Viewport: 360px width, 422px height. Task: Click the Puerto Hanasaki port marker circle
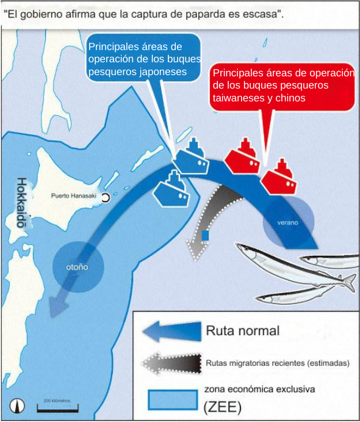click(x=106, y=198)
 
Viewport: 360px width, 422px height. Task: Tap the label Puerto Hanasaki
click(x=74, y=195)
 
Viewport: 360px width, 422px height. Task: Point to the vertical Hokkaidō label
click(x=22, y=202)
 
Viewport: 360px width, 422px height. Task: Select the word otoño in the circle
click(x=77, y=267)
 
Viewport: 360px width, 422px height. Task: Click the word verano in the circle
click(x=287, y=222)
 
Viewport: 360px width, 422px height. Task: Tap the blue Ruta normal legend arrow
click(x=172, y=332)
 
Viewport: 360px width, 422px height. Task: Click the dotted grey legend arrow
click(x=172, y=363)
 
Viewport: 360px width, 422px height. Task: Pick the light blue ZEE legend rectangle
click(x=173, y=400)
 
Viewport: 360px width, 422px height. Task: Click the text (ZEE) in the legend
click(x=222, y=407)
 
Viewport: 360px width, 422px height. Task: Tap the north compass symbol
click(x=17, y=406)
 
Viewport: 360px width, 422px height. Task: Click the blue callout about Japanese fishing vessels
click(x=145, y=59)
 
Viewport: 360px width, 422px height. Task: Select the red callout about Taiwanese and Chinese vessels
click(x=283, y=86)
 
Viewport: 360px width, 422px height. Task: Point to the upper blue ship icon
click(x=192, y=158)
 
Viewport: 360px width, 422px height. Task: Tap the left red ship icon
click(x=242, y=158)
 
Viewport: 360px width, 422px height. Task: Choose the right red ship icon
click(x=279, y=178)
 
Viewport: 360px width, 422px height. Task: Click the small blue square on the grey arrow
click(x=205, y=235)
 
